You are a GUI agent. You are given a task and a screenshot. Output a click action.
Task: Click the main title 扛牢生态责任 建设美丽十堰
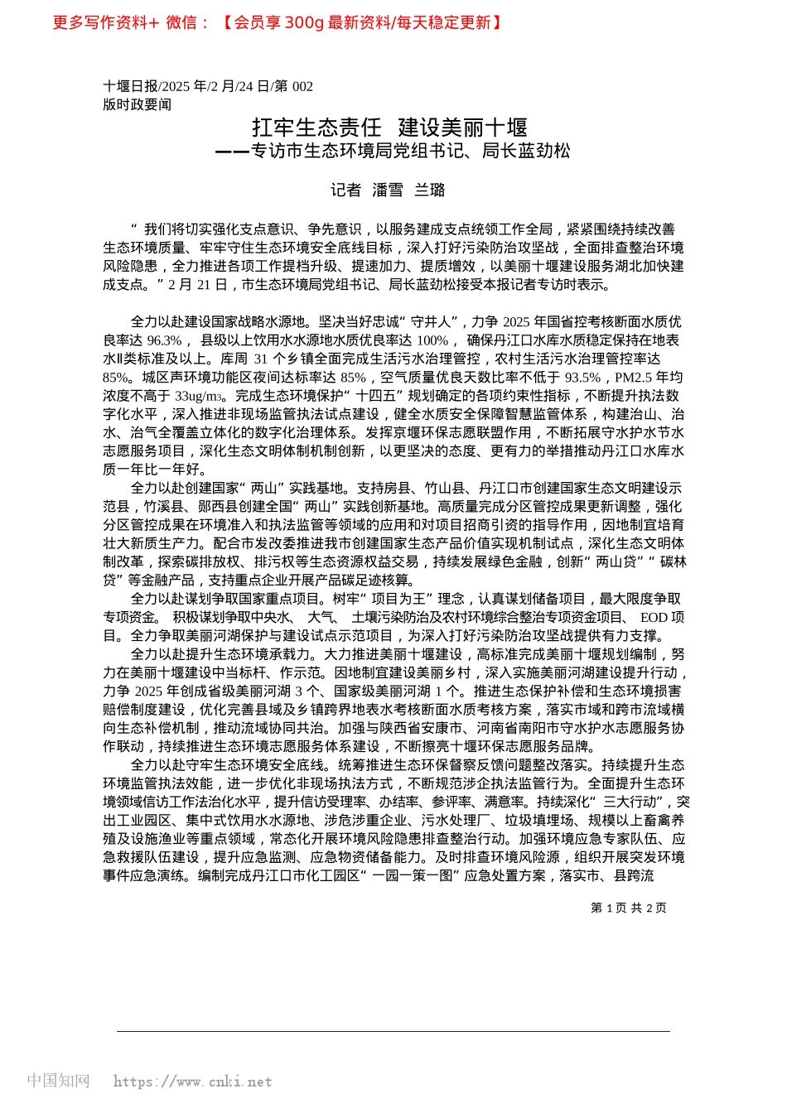389,128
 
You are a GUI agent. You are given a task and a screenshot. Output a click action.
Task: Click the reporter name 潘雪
388,190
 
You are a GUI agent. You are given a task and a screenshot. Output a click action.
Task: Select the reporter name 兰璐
430,190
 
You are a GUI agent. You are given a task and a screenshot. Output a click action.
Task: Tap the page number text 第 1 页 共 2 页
628,908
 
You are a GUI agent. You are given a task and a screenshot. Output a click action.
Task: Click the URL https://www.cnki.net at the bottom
192,1082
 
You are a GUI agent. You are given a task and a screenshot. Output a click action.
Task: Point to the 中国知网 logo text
58,1081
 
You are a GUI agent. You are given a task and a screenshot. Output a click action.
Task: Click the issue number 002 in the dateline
302,86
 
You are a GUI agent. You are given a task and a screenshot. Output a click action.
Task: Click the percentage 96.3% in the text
164,340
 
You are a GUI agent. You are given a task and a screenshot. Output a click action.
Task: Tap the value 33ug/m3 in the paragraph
200,396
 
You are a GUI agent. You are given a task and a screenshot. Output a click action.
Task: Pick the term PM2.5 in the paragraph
634,378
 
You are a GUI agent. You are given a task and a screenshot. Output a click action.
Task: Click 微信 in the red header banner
181,22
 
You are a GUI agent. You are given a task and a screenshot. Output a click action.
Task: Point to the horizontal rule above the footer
393,1031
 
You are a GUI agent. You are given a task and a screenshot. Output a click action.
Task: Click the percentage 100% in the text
432,340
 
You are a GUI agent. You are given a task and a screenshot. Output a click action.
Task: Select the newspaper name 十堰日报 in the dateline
130,86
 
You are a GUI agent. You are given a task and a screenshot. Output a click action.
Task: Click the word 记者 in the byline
345,190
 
